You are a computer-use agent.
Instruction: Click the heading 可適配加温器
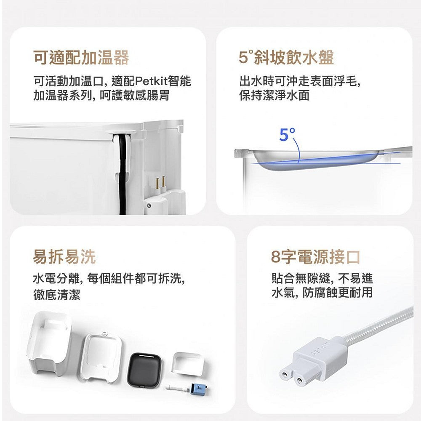pyautogui.click(x=81, y=57)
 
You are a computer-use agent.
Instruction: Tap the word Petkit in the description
pyautogui.click(x=151, y=81)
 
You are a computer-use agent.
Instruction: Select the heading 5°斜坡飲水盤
pyautogui.click(x=286, y=57)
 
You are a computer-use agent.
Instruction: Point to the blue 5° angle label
pyautogui.click(x=287, y=135)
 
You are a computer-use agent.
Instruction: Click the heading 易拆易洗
pyautogui.click(x=64, y=257)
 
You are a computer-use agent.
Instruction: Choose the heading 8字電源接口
pyautogui.click(x=315, y=257)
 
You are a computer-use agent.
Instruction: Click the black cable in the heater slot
pyautogui.click(x=123, y=175)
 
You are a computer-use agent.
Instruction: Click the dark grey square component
pyautogui.click(x=144, y=370)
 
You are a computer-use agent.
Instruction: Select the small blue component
pyautogui.click(x=199, y=389)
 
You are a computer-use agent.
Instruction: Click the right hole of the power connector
pyautogui.click(x=299, y=381)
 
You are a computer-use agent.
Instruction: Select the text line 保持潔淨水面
pyautogui.click(x=274, y=96)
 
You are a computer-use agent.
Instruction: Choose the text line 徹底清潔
pyautogui.click(x=57, y=294)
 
